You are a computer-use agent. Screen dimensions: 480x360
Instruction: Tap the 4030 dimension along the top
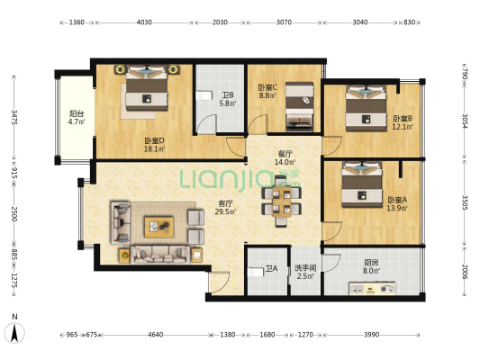pyautogui.click(x=144, y=22)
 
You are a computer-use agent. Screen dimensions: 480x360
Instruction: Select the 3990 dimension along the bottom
pyautogui.click(x=372, y=335)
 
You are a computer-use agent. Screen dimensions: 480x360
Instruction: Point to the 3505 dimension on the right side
pyautogui.click(x=465, y=202)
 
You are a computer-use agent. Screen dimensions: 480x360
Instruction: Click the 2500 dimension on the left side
pyautogui.click(x=14, y=214)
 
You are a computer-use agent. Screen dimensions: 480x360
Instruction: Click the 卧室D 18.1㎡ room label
pyautogui.click(x=155, y=145)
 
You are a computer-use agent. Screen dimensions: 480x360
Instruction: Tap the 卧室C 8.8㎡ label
pyautogui.click(x=267, y=91)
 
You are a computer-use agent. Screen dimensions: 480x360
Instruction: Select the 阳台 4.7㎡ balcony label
pyautogui.click(x=77, y=118)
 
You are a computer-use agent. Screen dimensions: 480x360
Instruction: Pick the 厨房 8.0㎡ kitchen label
pyautogui.click(x=371, y=266)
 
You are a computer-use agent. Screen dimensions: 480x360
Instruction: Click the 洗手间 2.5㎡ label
pyautogui.click(x=305, y=272)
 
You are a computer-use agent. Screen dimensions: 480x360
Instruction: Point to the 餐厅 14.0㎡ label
pyautogui.click(x=285, y=158)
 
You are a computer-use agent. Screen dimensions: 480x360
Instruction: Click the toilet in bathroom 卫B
pyautogui.click(x=204, y=95)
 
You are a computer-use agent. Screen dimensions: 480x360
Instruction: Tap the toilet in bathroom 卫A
pyautogui.click(x=255, y=272)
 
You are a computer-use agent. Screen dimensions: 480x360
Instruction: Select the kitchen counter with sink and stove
pyautogui.click(x=372, y=288)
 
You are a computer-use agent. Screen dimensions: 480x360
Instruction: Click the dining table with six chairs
pyautogui.click(x=281, y=202)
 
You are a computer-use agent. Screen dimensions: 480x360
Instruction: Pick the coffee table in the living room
pyautogui.click(x=158, y=227)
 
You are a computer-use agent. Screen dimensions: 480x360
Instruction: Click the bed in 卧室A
pyautogui.click(x=362, y=184)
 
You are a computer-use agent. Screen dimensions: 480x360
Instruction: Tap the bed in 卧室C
pyautogui.click(x=299, y=106)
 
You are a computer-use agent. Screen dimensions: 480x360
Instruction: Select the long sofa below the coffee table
pyautogui.click(x=160, y=255)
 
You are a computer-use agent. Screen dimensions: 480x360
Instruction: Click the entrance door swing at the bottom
pyautogui.click(x=219, y=282)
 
